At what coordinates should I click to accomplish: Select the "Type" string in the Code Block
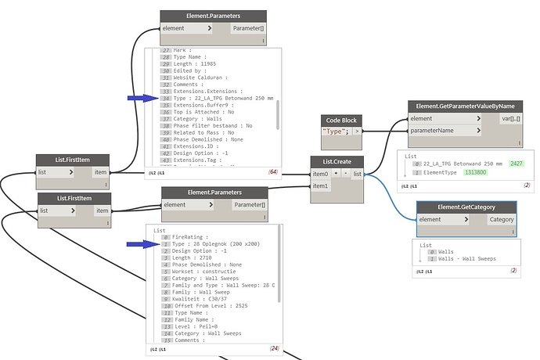[336, 131]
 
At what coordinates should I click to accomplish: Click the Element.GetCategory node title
[466, 207]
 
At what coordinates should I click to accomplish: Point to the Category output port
[501, 220]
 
